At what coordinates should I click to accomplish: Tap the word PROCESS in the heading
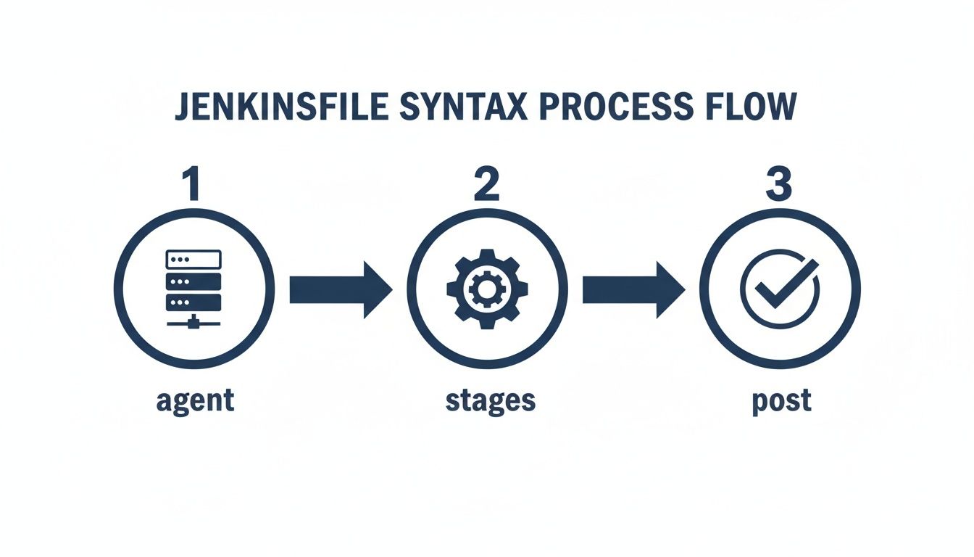coord(610,107)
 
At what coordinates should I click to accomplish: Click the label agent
coord(195,400)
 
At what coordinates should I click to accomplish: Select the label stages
coord(491,400)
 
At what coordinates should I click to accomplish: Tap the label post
coord(780,400)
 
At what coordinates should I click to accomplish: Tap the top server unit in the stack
coord(193,259)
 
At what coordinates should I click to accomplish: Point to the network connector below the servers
coord(193,322)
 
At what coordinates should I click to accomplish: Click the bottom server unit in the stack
coord(193,301)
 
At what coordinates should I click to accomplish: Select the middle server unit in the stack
coord(193,280)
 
